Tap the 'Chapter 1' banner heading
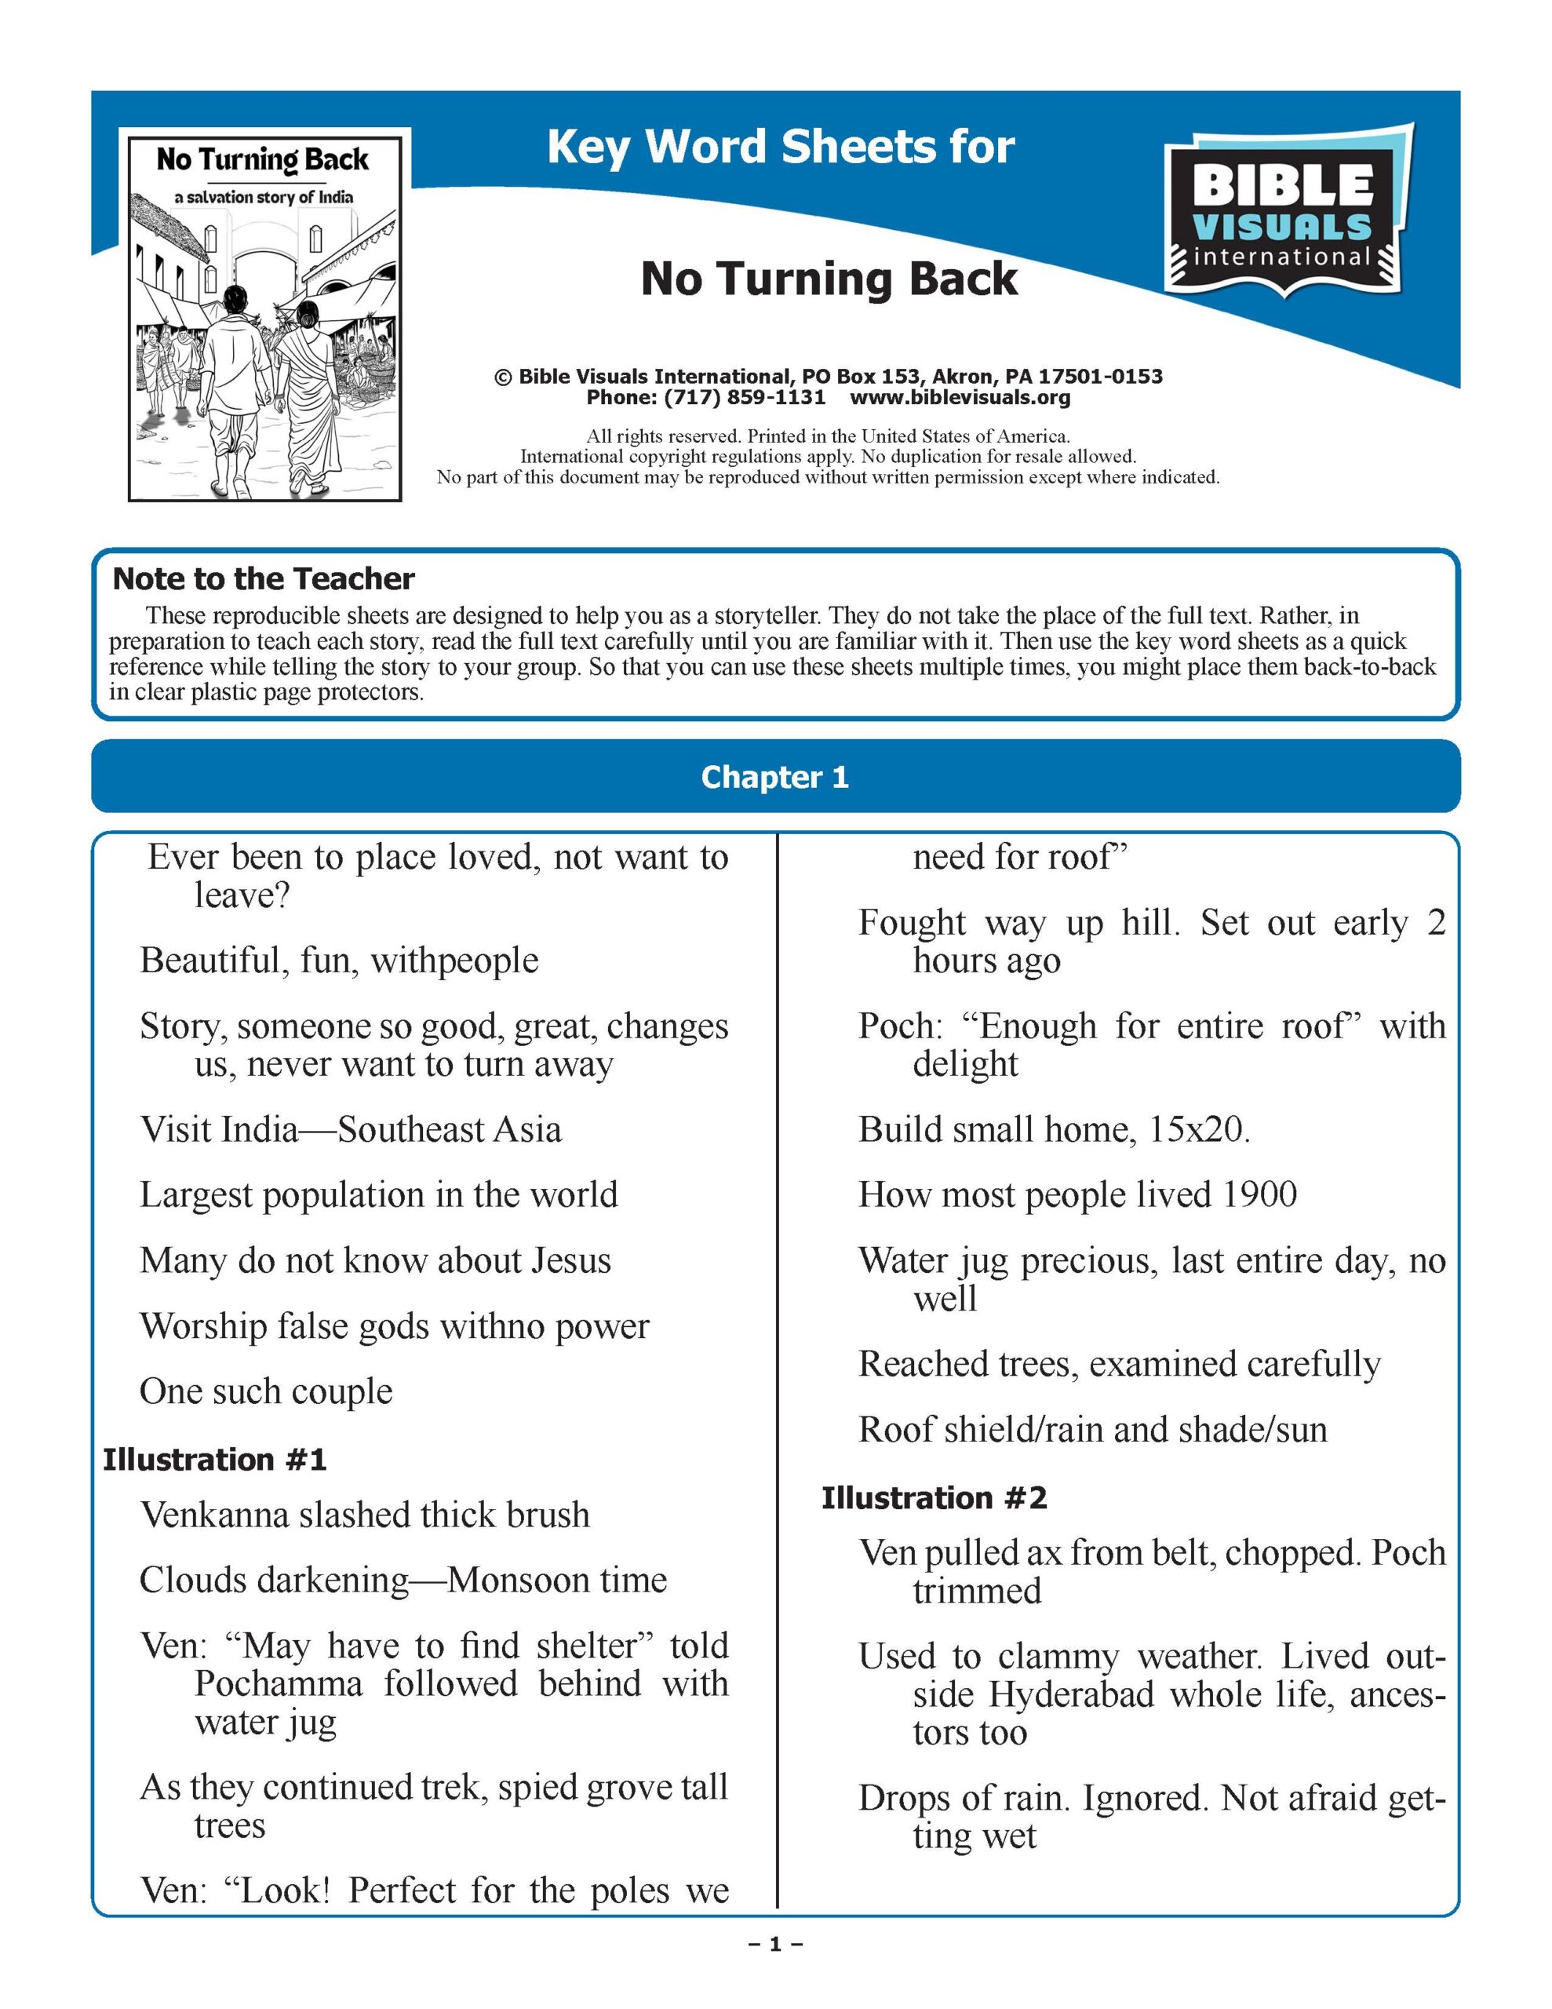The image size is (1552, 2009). click(774, 777)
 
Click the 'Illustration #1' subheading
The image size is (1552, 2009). click(214, 1459)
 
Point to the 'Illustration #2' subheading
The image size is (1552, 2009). click(934, 1497)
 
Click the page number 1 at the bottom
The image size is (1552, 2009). click(775, 1944)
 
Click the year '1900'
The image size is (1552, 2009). click(1259, 1194)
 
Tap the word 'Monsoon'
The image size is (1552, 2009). click(517, 1580)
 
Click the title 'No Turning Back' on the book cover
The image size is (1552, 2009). click(262, 160)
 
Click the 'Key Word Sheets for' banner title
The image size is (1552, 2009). click(780, 148)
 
